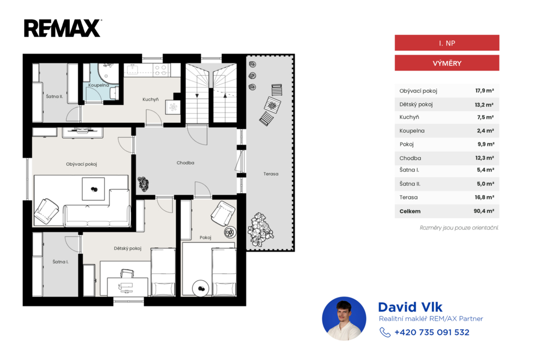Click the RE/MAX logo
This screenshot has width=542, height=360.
coord(62,29)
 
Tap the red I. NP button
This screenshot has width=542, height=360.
coord(447,43)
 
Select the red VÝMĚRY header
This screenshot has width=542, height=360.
coord(447,63)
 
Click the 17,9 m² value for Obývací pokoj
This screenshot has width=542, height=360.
coord(484,91)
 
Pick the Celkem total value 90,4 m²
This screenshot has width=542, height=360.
coord(484,211)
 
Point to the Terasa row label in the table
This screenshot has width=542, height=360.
coord(408,197)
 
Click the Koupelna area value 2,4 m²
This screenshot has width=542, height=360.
coord(485,131)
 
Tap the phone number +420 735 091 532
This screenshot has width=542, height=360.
coord(432,332)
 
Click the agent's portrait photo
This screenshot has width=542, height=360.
coord(344,319)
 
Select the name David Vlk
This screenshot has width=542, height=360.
coord(410,307)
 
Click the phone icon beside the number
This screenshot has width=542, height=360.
coord(385,332)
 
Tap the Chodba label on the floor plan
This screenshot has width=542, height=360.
coord(185,163)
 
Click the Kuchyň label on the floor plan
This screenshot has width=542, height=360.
coord(150,100)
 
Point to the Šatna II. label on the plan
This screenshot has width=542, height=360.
coord(55,96)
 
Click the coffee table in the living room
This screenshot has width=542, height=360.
coord(93,189)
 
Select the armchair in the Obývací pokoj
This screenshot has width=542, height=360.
coord(47,211)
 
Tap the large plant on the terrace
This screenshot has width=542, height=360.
coord(260,230)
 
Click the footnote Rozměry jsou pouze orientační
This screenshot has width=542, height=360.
coord(459,228)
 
